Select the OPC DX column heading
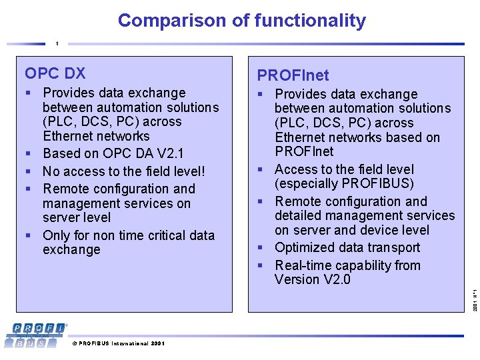[x=55, y=73]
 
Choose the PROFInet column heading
[x=293, y=75]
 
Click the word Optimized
[x=305, y=247]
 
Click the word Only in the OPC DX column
[x=56, y=235]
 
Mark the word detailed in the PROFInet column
[x=300, y=215]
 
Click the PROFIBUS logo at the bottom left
[x=37, y=334]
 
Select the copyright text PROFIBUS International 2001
[x=118, y=343]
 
